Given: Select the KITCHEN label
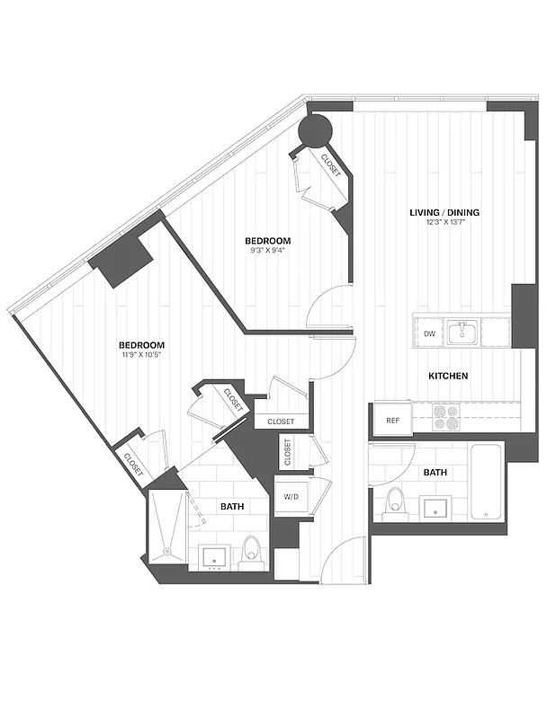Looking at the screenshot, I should pyautogui.click(x=446, y=376).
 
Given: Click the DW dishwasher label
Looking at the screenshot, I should pyautogui.click(x=429, y=333).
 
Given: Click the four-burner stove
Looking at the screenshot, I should pyautogui.click(x=446, y=417).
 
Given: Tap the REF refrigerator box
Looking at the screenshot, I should pyautogui.click(x=393, y=420).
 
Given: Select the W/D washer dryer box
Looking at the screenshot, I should pyautogui.click(x=291, y=496).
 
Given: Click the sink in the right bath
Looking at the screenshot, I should pyautogui.click(x=436, y=508).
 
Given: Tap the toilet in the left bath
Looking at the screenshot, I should pyautogui.click(x=252, y=551).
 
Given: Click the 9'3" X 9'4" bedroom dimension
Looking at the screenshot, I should pyautogui.click(x=268, y=252).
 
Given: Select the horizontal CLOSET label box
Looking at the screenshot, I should pyautogui.click(x=280, y=421).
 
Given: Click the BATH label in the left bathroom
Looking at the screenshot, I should pyautogui.click(x=232, y=507).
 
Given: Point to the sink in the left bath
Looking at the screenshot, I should pyautogui.click(x=216, y=555).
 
